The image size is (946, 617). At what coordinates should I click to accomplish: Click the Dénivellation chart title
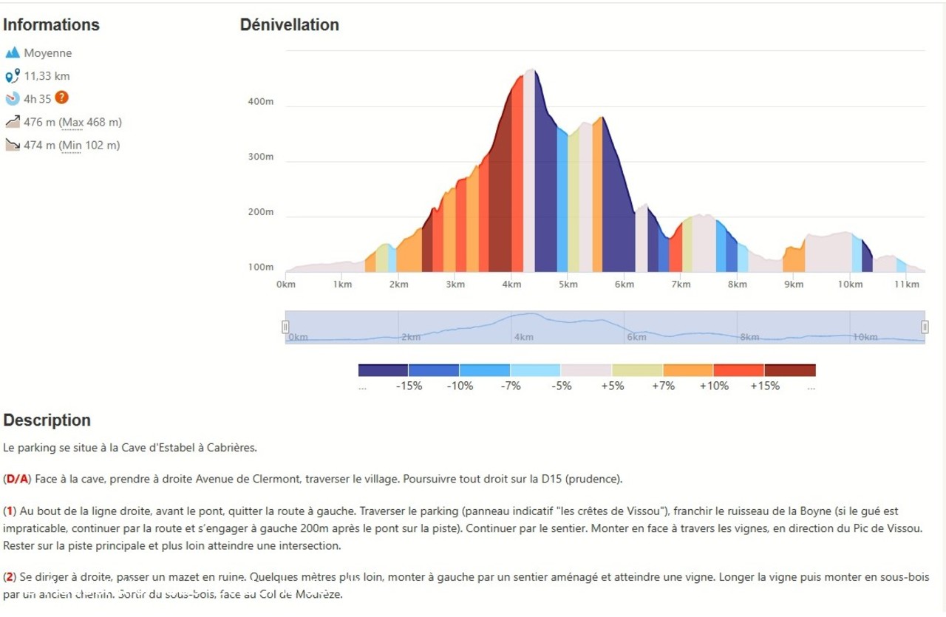289,24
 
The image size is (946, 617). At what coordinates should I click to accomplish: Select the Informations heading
51,24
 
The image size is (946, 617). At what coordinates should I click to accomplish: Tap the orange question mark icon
62,98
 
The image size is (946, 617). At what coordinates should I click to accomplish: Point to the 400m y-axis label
261,101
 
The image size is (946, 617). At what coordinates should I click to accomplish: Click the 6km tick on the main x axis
625,284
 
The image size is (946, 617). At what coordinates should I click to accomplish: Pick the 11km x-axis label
906,284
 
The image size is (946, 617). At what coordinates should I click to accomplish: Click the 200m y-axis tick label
261,212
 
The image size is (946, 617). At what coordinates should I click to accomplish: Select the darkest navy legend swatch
383,370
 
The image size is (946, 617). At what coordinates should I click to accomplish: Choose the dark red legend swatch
790,370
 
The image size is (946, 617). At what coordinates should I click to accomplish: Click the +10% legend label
714,386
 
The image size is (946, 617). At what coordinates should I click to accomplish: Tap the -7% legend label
511,386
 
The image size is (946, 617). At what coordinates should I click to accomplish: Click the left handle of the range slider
285,327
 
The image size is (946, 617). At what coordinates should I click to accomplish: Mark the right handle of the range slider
925,327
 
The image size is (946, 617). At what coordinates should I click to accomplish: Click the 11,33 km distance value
47,75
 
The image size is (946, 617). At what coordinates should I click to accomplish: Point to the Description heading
47,420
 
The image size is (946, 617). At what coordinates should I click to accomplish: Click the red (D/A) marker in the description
17,479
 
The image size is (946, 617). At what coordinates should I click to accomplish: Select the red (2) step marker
10,576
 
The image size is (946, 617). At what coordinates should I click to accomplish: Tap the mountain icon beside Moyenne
12,52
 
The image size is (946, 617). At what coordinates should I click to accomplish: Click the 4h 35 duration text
37,98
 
